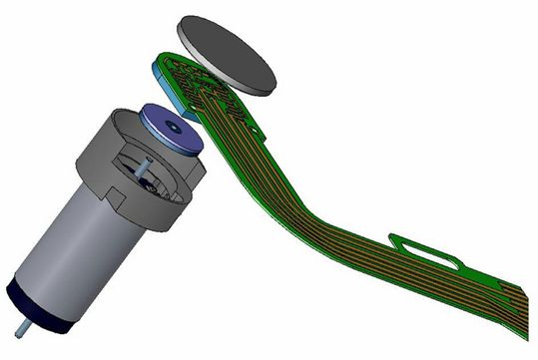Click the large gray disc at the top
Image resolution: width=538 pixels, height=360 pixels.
227,49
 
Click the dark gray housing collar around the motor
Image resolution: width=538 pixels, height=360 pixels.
150,184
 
